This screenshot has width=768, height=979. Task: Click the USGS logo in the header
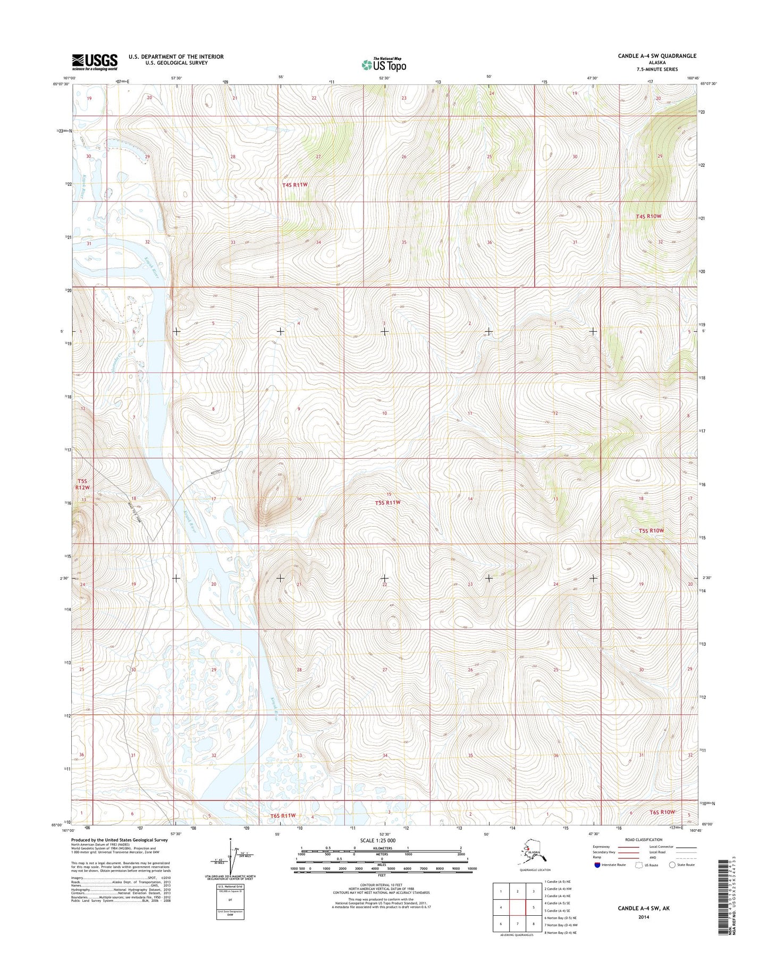(95, 62)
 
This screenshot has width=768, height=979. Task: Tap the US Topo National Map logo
(384, 64)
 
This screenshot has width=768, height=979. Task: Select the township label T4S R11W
(295, 185)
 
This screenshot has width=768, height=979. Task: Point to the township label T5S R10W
(652, 530)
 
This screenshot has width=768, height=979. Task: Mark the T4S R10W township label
(648, 216)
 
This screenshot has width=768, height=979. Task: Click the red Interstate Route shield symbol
(598, 865)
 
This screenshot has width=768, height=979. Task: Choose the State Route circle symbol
(672, 865)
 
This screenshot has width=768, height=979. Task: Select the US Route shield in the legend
(639, 865)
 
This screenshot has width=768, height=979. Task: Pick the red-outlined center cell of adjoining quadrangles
(517, 908)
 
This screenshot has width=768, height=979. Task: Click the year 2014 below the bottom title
(644, 917)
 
